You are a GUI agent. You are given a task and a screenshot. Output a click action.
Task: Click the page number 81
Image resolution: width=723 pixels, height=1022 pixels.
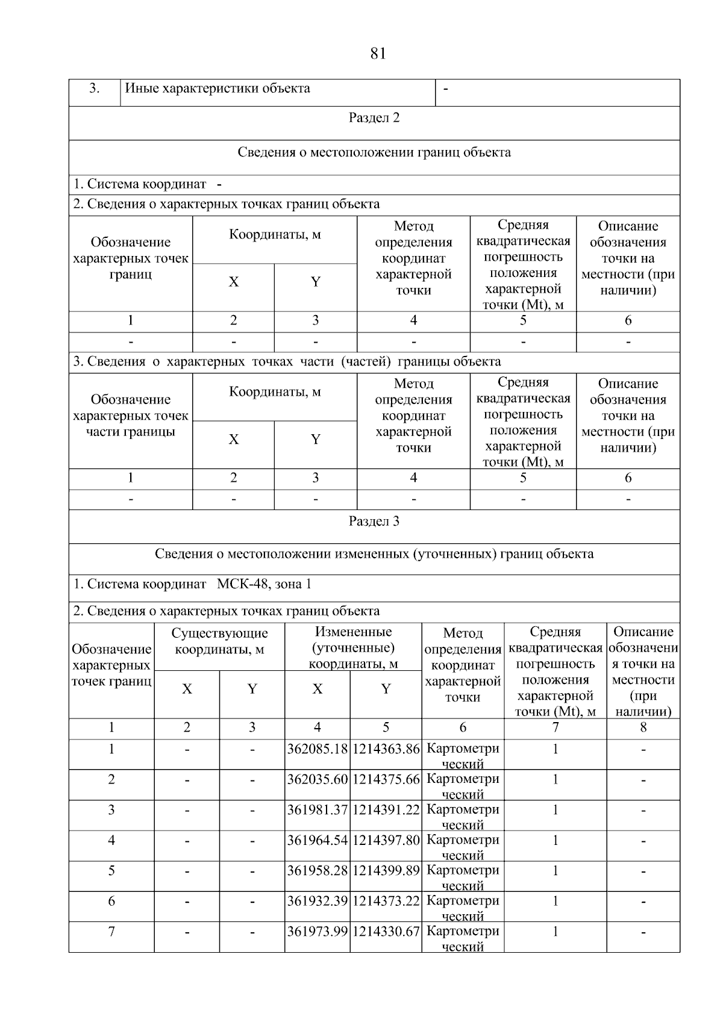[378, 54]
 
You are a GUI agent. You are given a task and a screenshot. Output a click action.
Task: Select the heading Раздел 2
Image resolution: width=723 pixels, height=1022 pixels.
[374, 117]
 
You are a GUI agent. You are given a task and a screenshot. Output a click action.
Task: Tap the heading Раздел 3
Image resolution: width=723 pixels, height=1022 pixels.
[374, 521]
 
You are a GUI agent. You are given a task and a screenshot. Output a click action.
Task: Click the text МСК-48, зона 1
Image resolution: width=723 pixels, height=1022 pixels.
[264, 584]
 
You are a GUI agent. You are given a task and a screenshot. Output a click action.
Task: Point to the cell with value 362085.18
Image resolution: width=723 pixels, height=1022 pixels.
[318, 749]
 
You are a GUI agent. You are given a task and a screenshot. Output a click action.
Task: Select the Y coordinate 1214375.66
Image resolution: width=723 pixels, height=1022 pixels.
[386, 779]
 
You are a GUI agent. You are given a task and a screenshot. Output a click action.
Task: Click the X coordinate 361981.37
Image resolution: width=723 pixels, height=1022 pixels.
[318, 810]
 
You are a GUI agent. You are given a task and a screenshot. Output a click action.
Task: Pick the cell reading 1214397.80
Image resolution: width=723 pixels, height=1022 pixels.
[386, 840]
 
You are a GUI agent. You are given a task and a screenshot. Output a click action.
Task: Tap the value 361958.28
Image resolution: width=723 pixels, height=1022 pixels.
[318, 871]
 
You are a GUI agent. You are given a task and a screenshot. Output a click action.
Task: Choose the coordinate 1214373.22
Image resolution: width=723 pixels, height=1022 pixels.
[386, 901]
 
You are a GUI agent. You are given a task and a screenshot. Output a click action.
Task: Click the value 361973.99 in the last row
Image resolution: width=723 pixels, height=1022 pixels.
[318, 932]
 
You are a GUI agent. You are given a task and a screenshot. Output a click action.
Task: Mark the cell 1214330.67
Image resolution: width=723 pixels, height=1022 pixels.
[386, 932]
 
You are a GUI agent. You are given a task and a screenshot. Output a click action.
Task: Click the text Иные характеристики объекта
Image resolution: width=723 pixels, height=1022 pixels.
[218, 89]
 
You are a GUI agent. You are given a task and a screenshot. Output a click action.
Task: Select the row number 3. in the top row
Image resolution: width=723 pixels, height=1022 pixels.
[95, 89]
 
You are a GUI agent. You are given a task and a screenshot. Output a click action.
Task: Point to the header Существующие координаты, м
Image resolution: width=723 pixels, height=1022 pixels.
[219, 641]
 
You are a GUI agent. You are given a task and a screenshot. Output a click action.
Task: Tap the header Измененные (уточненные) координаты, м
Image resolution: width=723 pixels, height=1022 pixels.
[353, 648]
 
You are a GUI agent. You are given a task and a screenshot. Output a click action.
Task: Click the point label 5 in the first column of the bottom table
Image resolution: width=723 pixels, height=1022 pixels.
[111, 871]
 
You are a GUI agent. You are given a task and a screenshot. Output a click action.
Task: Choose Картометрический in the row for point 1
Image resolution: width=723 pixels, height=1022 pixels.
[463, 755]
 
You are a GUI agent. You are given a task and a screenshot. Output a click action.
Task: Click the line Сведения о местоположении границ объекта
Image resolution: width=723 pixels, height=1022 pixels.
[374, 152]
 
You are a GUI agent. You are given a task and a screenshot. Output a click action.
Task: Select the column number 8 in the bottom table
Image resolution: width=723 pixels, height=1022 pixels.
[643, 728]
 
